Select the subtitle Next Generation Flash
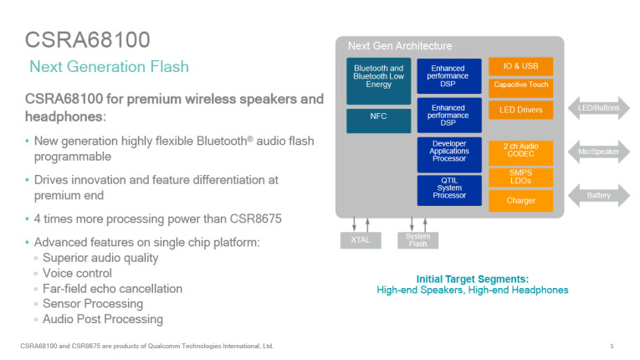coord(109,67)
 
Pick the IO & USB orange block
coord(520,66)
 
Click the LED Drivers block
coord(520,110)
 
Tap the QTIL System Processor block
coord(448,190)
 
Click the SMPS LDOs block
coord(520,177)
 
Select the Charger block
coord(520,201)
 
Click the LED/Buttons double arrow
coord(598,109)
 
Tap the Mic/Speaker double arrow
coord(598,152)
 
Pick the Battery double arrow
coord(598,196)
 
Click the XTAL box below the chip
coord(361,240)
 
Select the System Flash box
coord(417,240)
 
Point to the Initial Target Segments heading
coord(472,279)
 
